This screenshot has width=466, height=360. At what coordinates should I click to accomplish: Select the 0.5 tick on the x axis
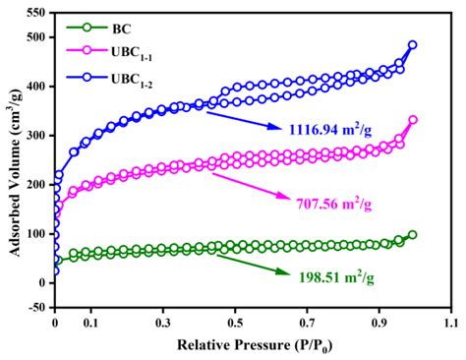click(x=234, y=322)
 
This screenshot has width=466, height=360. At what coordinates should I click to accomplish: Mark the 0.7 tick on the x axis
click(x=306, y=322)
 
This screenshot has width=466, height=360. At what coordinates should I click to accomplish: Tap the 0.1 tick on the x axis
click(x=90, y=322)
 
